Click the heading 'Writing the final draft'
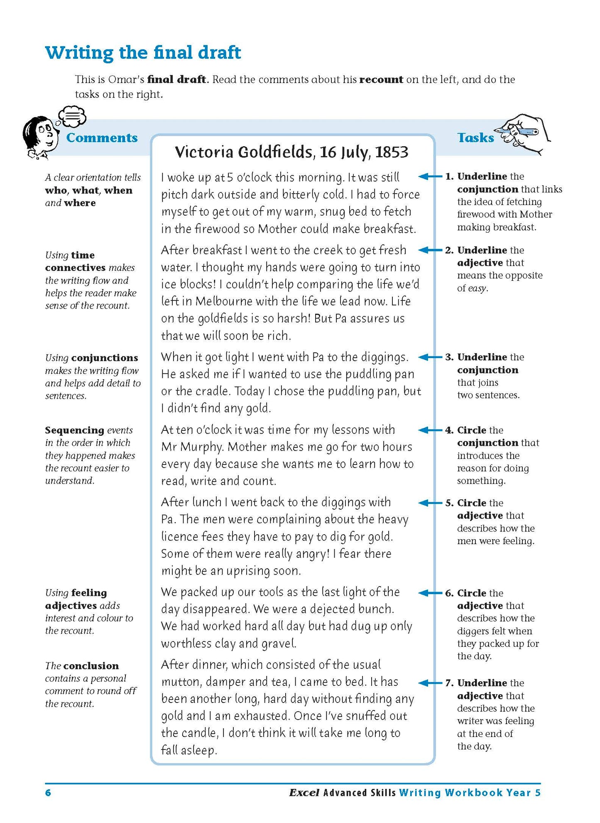[143, 53]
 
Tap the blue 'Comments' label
[102, 138]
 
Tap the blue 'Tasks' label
[475, 138]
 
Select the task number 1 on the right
[449, 177]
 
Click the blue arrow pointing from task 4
[429, 430]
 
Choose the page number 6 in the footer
[48, 793]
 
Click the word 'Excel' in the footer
[304, 793]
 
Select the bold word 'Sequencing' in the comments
[74, 430]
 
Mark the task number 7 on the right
[449, 683]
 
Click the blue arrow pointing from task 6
[429, 593]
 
